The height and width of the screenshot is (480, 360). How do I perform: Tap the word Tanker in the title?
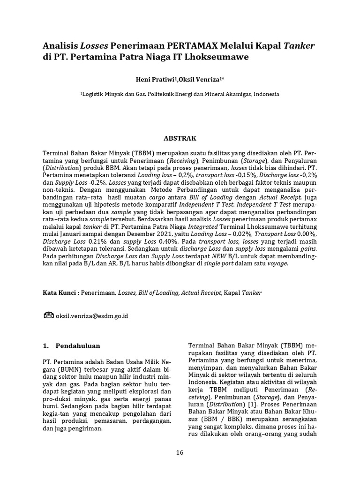[x=299, y=45]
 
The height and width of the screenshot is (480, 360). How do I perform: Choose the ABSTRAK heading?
[x=180, y=139]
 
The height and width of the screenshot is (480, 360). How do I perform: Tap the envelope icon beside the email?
[x=48, y=315]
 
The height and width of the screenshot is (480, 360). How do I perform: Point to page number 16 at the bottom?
[x=180, y=452]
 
